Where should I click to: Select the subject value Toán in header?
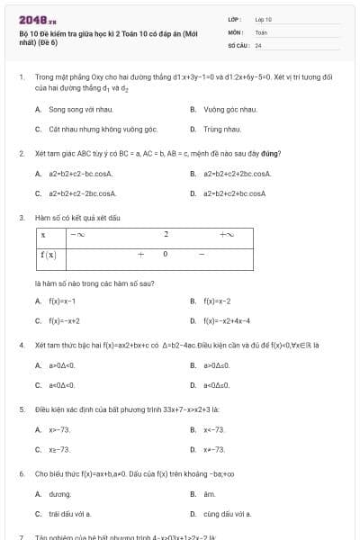261,31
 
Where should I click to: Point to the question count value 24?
258,44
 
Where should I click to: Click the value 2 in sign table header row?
166,236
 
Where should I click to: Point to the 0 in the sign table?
166,255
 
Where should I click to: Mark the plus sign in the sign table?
140,255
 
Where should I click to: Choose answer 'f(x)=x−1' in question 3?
62,301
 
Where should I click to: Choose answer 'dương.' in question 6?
59,494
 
